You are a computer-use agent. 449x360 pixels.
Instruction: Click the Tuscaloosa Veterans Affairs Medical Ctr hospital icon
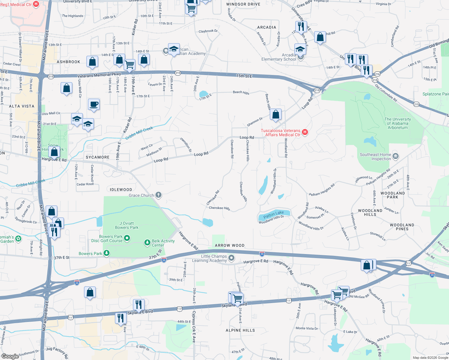305,132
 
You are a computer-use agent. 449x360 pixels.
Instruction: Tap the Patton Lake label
273,214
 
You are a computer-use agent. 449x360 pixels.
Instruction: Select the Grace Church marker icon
158,195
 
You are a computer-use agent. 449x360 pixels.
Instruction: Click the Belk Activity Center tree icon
147,242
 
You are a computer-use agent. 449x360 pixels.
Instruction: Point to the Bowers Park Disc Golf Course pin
127,238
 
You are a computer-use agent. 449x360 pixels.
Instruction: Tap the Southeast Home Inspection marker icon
396,156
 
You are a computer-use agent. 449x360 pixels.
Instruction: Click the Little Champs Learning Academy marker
231,258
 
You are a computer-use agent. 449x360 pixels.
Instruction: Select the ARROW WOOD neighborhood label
230,245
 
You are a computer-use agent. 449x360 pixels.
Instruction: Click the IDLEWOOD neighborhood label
121,190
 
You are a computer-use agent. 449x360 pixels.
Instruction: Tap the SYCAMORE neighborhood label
98,157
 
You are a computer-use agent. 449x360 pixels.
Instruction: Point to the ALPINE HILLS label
240,330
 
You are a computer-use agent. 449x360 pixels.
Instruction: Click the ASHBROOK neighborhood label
68,62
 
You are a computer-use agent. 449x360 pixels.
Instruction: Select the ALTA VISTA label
22,106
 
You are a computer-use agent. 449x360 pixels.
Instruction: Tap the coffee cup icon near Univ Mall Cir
94,104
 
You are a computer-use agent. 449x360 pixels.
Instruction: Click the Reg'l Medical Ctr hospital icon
36,4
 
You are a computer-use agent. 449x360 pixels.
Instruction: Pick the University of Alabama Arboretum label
397,123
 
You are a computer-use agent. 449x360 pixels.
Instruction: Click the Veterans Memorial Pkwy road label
99,75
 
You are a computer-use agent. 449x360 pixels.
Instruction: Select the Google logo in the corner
10,356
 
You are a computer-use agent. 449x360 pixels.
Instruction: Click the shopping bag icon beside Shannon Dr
276,115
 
